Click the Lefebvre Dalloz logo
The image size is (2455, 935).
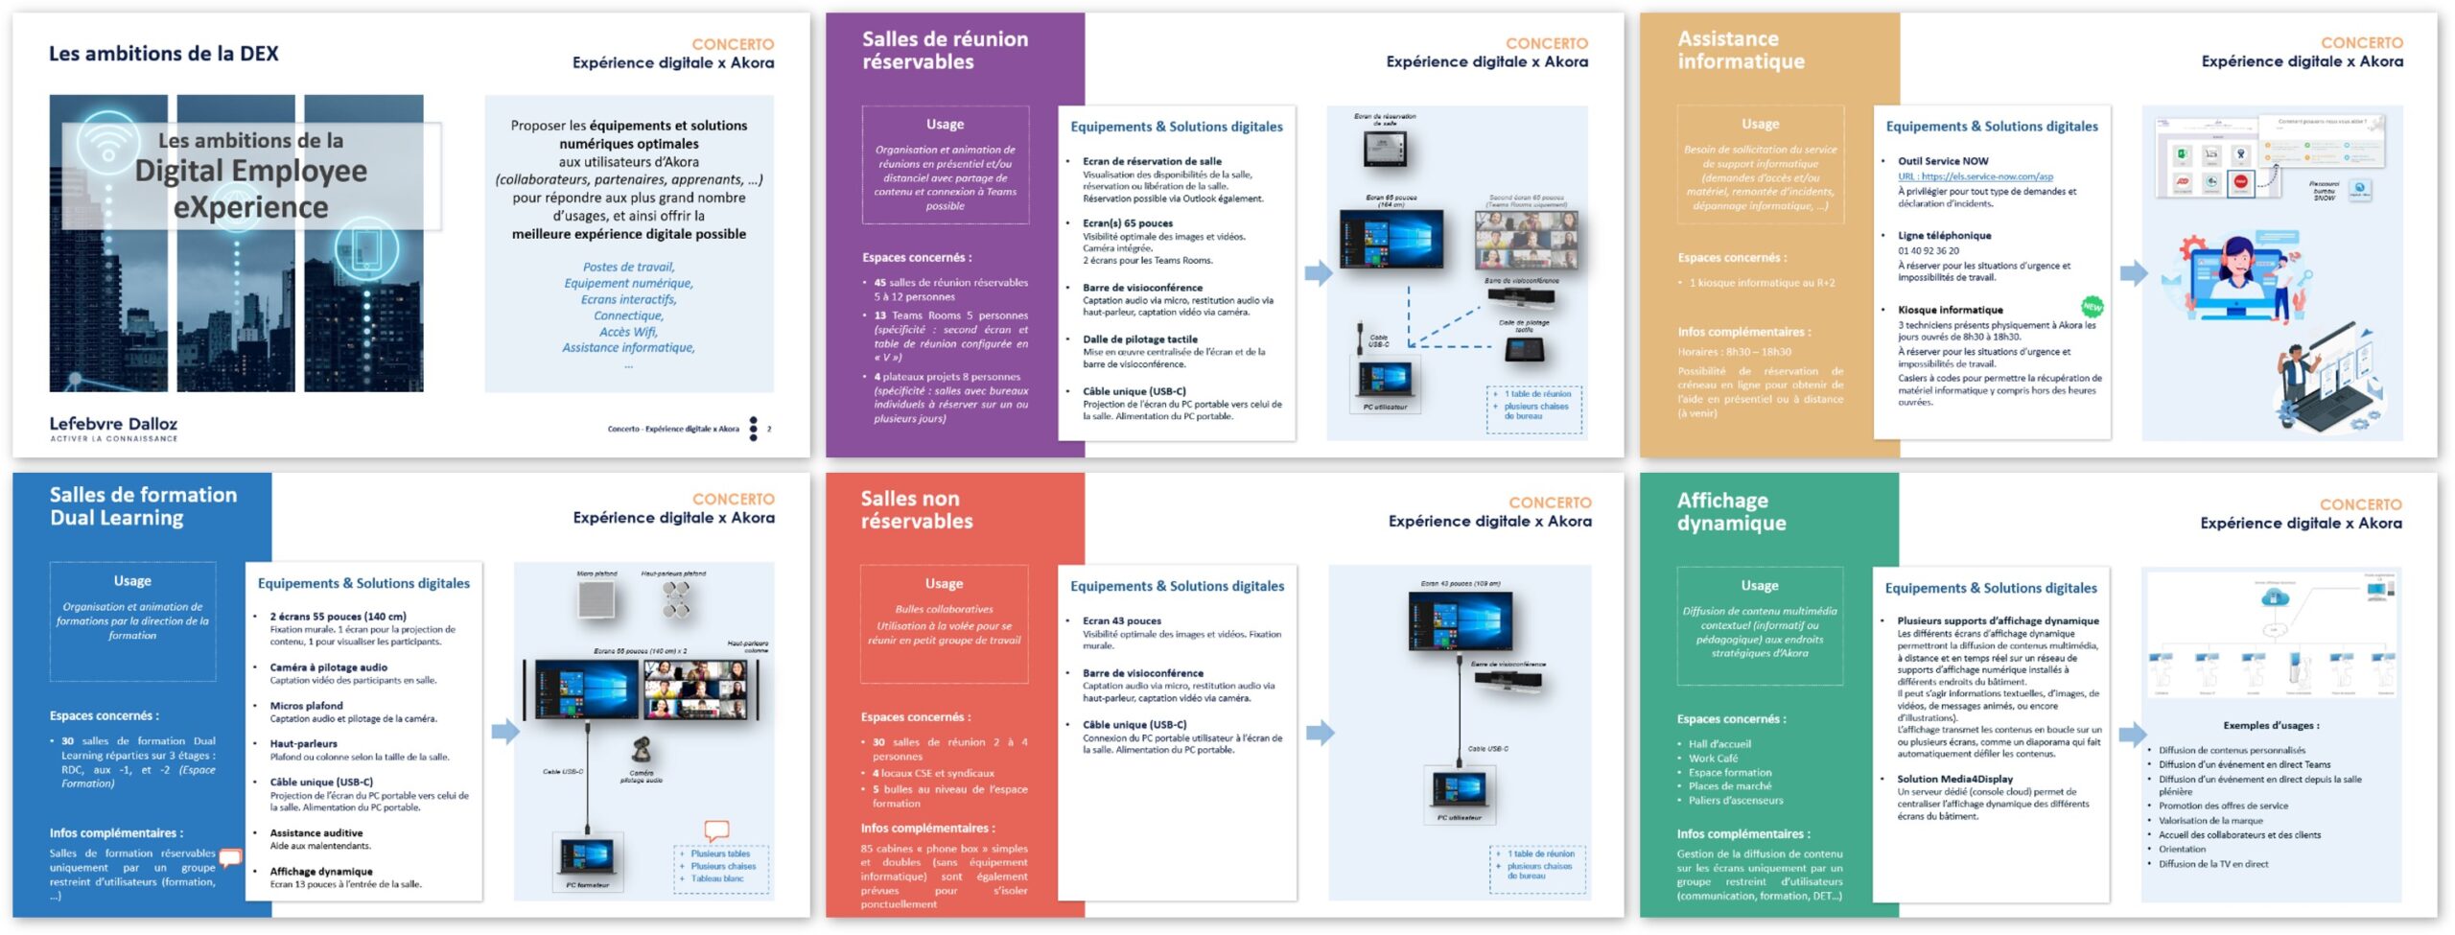pyautogui.click(x=113, y=428)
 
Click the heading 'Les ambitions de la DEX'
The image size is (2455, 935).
pyautogui.click(x=164, y=54)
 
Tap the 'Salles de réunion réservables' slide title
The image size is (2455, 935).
pyautogui.click(x=944, y=51)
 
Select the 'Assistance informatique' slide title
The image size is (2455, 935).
pyautogui.click(x=1741, y=51)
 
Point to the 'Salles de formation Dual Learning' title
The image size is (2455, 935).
pyautogui.click(x=143, y=506)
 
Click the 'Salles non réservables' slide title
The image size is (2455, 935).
pyautogui.click(x=916, y=510)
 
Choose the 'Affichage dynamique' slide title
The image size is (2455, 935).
pyautogui.click(x=1731, y=512)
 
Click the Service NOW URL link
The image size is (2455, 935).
pyautogui.click(x=1975, y=176)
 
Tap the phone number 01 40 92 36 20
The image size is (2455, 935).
pyautogui.click(x=1929, y=251)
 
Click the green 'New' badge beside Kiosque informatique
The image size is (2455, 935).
pyautogui.click(x=2092, y=307)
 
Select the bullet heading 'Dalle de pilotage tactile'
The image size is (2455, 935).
pyautogui.click(x=1139, y=339)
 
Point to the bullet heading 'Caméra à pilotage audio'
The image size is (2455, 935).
pyautogui.click(x=328, y=667)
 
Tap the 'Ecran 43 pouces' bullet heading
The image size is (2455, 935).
pyautogui.click(x=1121, y=621)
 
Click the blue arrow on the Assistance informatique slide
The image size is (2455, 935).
pyautogui.click(x=2133, y=273)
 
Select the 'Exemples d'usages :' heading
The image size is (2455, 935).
pyautogui.click(x=2271, y=726)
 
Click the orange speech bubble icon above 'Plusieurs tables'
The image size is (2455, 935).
pyautogui.click(x=716, y=830)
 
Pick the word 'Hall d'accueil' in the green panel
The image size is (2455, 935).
pyautogui.click(x=1719, y=744)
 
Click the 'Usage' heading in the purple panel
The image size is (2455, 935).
pyautogui.click(x=945, y=125)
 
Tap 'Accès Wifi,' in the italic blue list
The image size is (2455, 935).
pyautogui.click(x=628, y=332)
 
